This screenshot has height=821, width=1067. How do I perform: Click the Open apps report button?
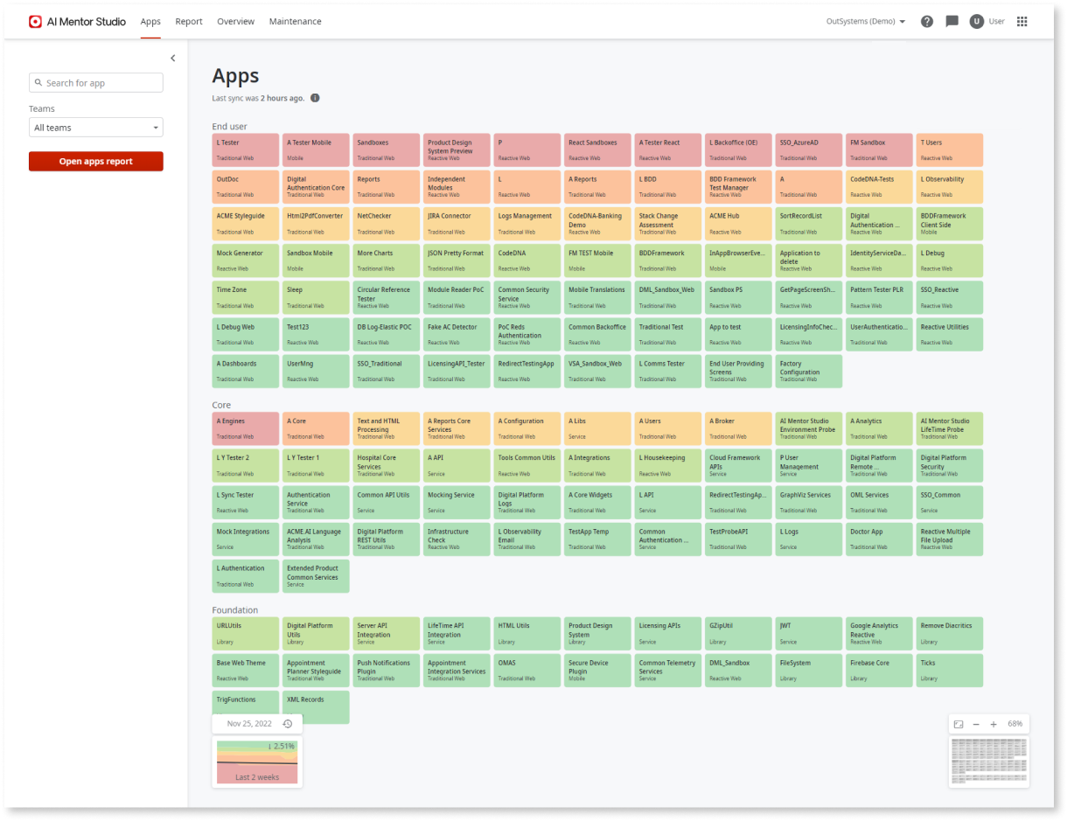[95, 162]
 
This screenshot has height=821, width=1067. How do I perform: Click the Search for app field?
[96, 83]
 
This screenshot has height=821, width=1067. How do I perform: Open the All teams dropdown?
[96, 128]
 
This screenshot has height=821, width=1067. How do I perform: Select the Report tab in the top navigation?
[189, 21]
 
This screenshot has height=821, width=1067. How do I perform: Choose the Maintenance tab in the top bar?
[295, 21]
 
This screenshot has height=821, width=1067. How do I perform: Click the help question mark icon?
[927, 21]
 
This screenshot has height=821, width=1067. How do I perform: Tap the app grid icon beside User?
[1022, 21]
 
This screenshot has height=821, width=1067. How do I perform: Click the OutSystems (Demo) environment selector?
[866, 21]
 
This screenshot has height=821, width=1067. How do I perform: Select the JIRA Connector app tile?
[457, 224]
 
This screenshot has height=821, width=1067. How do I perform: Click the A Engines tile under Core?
[246, 428]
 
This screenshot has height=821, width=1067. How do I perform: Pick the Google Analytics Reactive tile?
[879, 633]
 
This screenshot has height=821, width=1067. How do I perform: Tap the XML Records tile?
[316, 706]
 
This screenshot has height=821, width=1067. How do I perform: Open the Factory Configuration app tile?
[808, 371]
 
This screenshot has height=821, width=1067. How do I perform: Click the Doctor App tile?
[879, 539]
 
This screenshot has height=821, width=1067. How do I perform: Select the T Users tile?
[950, 150]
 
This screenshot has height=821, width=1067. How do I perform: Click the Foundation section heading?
[235, 609]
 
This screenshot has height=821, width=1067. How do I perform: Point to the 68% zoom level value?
[1015, 724]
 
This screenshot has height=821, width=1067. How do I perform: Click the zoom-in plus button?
[994, 724]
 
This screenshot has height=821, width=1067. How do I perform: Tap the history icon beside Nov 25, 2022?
[288, 724]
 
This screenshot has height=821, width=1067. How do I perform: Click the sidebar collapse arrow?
[172, 59]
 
